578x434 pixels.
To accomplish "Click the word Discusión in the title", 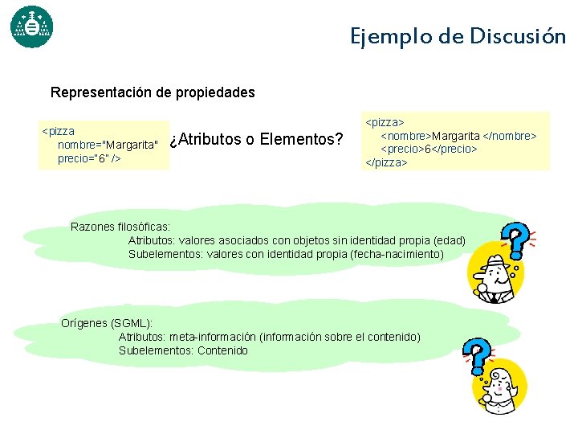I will (x=518, y=36).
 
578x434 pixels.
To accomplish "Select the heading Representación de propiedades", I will (x=153, y=92).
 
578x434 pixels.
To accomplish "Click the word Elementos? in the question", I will (x=303, y=140).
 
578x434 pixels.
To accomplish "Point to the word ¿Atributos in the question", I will (x=206, y=140).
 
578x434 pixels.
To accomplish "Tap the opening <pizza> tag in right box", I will (x=385, y=123).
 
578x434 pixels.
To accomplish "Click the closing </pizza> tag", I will (x=387, y=162).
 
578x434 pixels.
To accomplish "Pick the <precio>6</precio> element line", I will (x=429, y=149).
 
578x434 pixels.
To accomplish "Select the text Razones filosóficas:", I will (x=120, y=227).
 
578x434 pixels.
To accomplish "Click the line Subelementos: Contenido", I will (x=183, y=350).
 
